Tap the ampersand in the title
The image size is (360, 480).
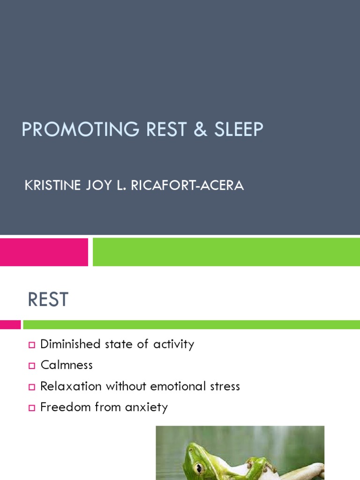[x=198, y=130]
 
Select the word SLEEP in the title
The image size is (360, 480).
[x=239, y=130]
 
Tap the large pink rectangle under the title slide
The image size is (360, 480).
[x=44, y=252]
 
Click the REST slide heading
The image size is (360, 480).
[x=48, y=300]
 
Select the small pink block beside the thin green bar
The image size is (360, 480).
[x=10, y=324]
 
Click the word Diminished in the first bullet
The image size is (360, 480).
[x=70, y=344]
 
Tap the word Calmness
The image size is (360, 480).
[x=67, y=365]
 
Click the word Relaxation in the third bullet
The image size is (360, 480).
[x=71, y=386]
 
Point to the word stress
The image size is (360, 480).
[x=224, y=386]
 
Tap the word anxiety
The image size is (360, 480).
[x=146, y=407]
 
